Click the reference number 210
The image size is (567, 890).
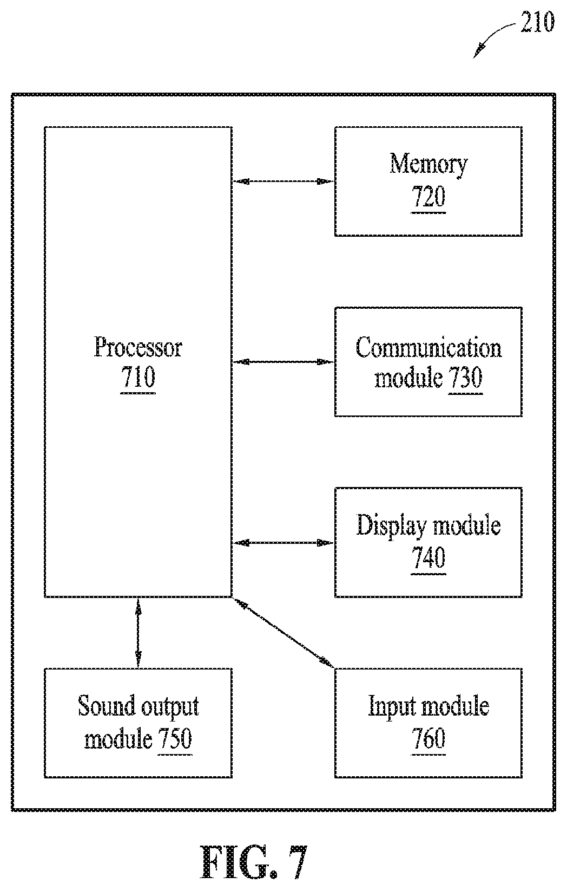coord(537,22)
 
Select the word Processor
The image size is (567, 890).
coord(138,347)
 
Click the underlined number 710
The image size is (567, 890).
coord(138,378)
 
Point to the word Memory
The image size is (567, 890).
coord(428,164)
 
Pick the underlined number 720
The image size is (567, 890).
coord(428,197)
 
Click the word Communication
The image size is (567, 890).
coord(428,348)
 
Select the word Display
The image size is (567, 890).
coord(391,525)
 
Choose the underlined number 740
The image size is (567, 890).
coord(428,558)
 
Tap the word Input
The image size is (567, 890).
coord(392,707)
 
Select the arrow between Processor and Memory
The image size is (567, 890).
coord(283,181)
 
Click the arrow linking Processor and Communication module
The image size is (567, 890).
coord(283,362)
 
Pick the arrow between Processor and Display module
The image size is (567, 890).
coord(283,543)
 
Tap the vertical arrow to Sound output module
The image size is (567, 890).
coord(138,633)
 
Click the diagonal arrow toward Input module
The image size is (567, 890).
coord(283,633)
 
